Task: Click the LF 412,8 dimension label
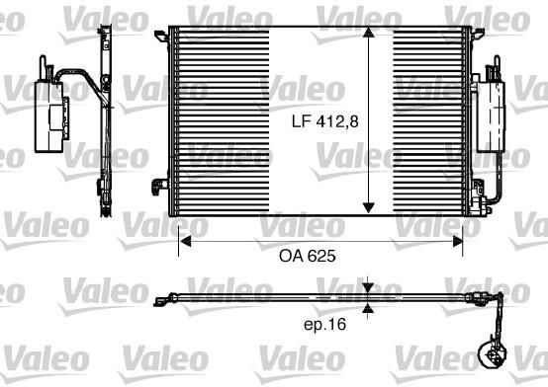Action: coord(325,121)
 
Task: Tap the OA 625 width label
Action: coord(308,256)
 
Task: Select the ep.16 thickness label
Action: coord(325,325)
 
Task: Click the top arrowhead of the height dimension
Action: coord(369,33)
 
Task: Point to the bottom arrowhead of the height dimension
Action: coord(369,208)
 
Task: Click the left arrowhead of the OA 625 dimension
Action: coord(184,241)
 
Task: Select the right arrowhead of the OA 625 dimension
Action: coord(457,241)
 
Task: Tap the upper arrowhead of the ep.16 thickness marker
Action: coord(368,288)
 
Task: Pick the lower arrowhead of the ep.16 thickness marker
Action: coord(368,307)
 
